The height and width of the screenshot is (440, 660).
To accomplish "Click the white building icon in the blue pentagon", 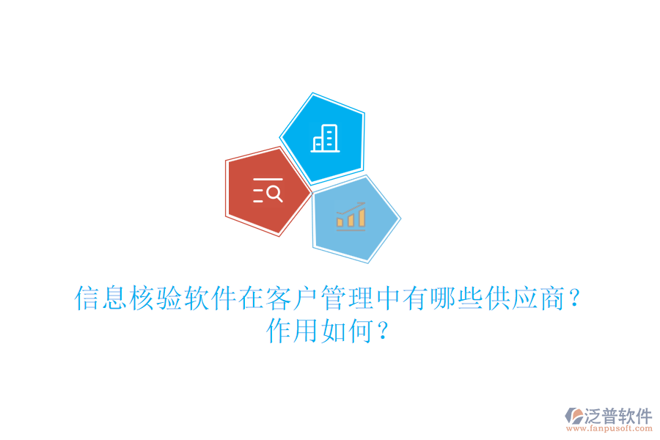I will [x=325, y=139].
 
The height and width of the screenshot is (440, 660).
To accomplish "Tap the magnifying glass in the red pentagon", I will [x=274, y=194].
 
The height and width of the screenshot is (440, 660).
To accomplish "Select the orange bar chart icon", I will [x=351, y=216].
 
